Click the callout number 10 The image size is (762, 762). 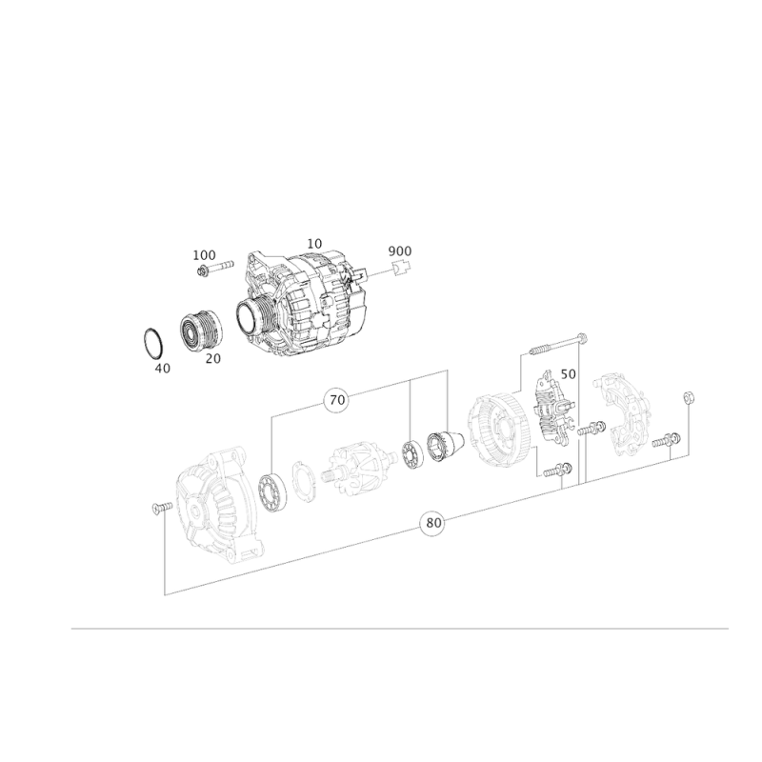point(314,244)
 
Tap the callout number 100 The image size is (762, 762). point(204,255)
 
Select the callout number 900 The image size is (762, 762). point(399,251)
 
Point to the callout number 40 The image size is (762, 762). point(163,369)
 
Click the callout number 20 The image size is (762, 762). point(212,359)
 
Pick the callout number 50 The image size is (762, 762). point(568,374)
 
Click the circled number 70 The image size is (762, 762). point(337,400)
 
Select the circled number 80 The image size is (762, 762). point(433,523)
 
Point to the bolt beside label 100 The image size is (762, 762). point(215,268)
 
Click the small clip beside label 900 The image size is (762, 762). point(401,268)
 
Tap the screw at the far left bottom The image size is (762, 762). point(162,508)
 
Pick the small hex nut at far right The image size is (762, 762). point(688,397)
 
